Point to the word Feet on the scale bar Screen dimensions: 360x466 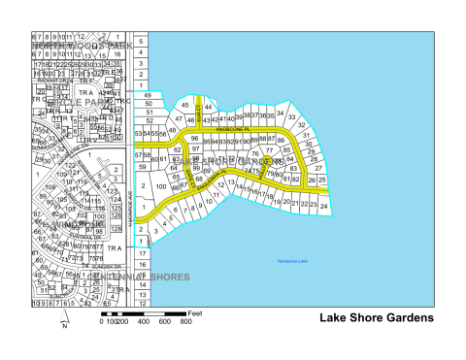point(195,313)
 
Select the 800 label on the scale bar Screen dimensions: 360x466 point(183,322)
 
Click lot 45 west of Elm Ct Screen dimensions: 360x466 point(184,104)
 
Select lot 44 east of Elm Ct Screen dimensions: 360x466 point(208,106)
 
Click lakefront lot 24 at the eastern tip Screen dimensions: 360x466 point(324,207)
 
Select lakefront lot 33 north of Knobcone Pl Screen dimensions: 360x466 point(291,115)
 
